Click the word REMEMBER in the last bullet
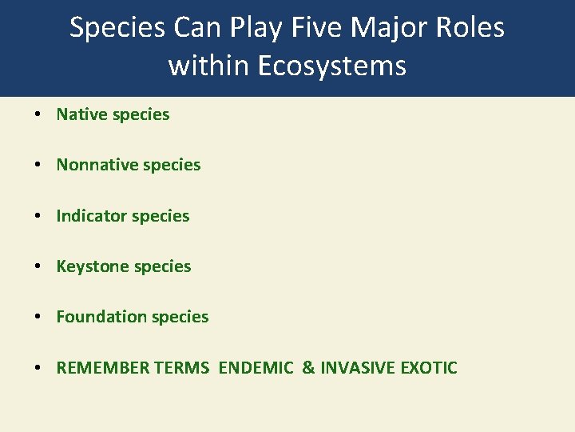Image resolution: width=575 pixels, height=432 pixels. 100,368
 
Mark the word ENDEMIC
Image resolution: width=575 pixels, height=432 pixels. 256,368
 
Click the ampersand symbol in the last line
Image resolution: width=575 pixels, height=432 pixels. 307,368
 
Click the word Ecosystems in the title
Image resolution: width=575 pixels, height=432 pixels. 333,65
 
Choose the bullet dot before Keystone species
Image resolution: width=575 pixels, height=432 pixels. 38,267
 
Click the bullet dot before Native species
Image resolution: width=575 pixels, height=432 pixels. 38,115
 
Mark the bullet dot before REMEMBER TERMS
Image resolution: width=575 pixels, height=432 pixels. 38,369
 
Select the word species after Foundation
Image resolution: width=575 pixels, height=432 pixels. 180,317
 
